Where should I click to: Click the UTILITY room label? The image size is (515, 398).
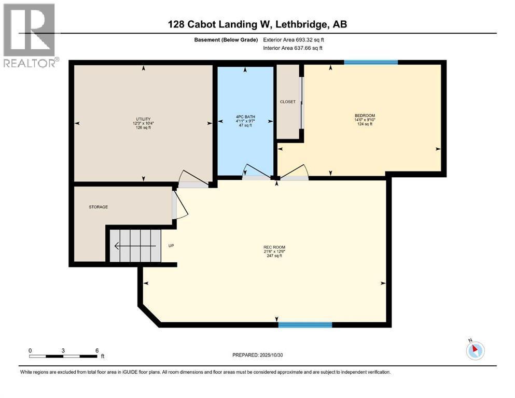pos(143,119)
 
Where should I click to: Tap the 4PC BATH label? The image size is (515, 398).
pos(245,117)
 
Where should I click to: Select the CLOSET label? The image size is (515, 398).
pos(287,102)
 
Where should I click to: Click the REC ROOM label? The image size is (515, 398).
pos(274,247)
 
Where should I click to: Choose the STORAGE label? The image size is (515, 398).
pos(98,207)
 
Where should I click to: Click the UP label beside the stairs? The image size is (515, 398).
pos(171,246)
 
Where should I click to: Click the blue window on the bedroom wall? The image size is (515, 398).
pos(371,62)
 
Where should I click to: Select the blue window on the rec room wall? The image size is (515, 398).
pos(305,325)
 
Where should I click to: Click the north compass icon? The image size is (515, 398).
pos(475,350)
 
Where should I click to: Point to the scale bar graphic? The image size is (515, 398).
pos(63,356)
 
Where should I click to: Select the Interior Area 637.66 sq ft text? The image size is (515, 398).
pos(293,48)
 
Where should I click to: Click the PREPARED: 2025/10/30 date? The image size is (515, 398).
pos(259,355)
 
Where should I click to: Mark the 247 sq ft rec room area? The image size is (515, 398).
pos(274,256)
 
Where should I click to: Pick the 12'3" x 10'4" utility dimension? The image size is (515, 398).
pos(143,123)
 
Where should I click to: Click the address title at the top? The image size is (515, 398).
pos(257,24)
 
